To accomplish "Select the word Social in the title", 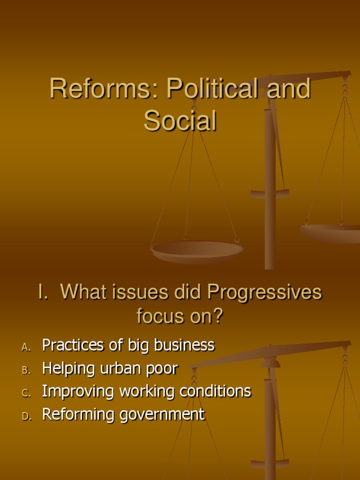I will coord(180,121).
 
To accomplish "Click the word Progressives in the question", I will coord(264,293).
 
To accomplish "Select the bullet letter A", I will coord(26,347).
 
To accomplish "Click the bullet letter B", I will coord(26,370).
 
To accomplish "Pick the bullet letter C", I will coord(26,393).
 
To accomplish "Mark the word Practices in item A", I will coord(72,345).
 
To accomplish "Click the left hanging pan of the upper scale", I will coord(196,250).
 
